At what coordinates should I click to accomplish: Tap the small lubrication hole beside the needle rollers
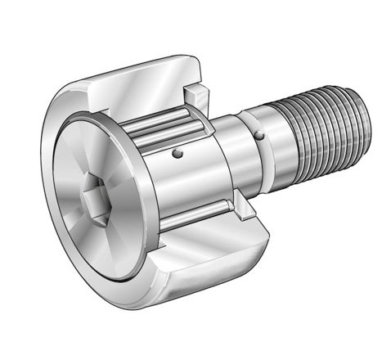178,153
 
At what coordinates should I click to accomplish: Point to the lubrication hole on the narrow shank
260,136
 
